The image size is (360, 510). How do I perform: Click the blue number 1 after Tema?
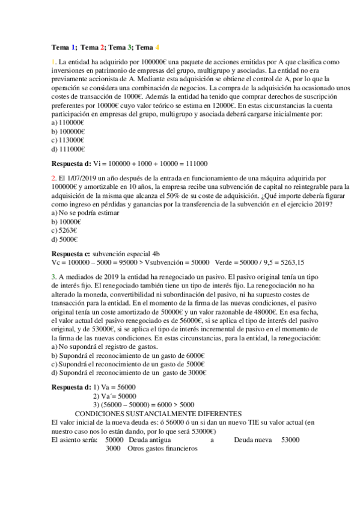pyautogui.click(x=73, y=47)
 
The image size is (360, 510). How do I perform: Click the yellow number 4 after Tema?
pyautogui.click(x=157, y=47)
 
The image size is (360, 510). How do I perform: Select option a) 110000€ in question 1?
pyautogui.click(x=68, y=122)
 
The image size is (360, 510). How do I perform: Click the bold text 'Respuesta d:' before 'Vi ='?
pyautogui.click(x=72, y=163)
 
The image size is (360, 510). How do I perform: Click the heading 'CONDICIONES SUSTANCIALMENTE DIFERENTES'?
pyautogui.click(x=158, y=414)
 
